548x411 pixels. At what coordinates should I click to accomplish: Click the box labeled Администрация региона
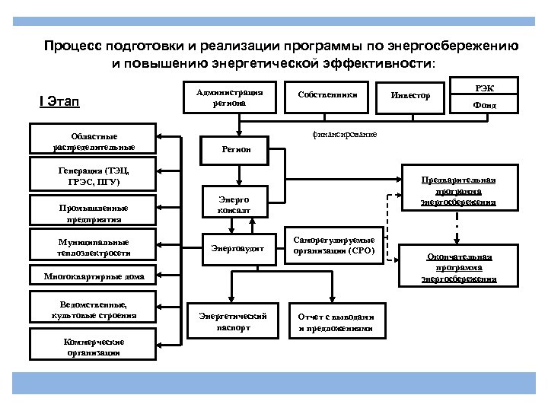coord(229,97)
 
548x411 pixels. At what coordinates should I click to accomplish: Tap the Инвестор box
coord(410,96)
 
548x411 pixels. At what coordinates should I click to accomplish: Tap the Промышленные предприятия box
coord(93,212)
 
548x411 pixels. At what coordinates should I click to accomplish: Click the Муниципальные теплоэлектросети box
coord(93,247)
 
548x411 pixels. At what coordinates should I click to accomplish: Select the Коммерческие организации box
coord(93,346)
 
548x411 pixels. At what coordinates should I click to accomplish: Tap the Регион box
coord(236,149)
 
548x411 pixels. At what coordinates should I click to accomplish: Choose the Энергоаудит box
coord(236,248)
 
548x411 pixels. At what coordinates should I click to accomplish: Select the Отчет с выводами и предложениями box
coord(335,321)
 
